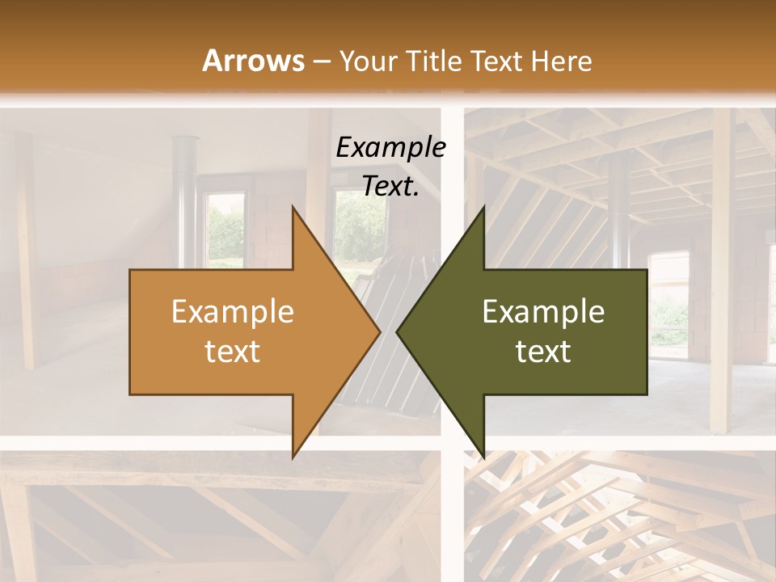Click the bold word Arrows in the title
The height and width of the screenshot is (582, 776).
[253, 61]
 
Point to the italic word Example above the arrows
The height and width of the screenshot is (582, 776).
[390, 147]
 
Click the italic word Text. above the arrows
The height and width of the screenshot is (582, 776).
[390, 186]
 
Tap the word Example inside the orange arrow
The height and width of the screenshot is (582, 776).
[232, 311]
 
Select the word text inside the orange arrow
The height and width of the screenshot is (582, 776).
[232, 351]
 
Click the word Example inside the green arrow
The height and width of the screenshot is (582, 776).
[543, 311]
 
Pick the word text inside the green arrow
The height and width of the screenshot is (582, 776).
[543, 351]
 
